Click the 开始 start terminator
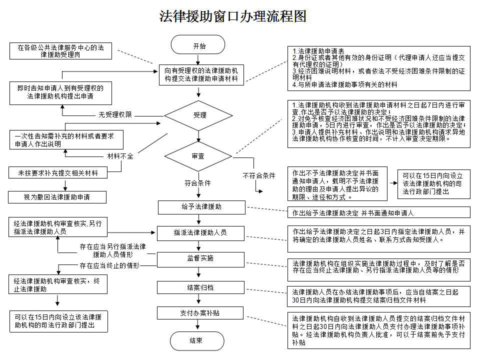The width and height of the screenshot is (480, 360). [199, 45]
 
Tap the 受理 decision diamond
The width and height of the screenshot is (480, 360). [199, 115]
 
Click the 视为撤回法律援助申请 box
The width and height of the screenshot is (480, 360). [57, 197]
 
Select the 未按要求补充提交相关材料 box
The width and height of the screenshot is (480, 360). [58, 173]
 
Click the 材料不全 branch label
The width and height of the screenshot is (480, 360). [120, 156]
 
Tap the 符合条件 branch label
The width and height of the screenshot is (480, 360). [198, 183]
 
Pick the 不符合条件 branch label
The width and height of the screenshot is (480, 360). [259, 176]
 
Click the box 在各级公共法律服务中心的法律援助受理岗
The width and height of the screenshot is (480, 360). [60, 52]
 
